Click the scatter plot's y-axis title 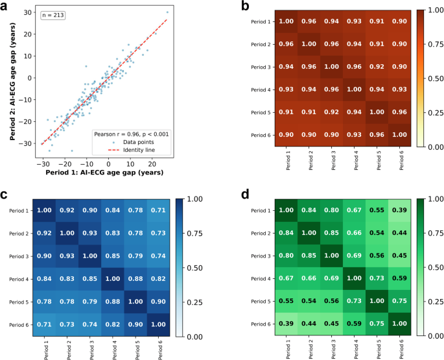[x=12, y=83]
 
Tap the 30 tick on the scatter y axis [x=30, y=12]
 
